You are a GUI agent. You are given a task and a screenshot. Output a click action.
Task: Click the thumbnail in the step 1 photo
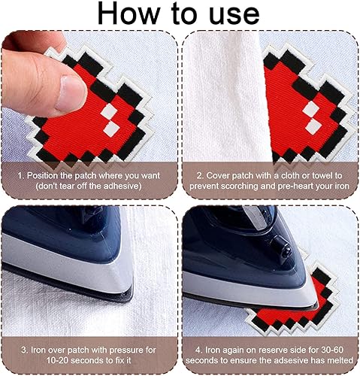tap(71, 92)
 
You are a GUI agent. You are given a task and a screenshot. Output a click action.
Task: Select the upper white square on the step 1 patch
tap(108, 111)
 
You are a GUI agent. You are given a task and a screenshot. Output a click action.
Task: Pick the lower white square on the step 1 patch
tap(111, 128)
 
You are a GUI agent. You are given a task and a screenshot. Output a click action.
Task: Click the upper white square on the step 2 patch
tap(311, 109)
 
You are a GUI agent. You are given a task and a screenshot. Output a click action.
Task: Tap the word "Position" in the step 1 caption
tap(43, 175)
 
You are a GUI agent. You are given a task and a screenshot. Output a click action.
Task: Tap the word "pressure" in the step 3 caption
tap(126, 350)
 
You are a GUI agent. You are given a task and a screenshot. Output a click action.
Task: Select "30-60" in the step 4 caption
tap(331, 350)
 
